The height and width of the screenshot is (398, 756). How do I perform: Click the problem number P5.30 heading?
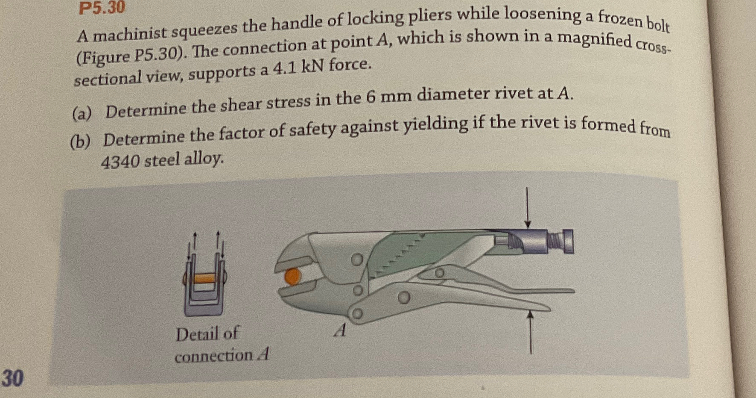click(102, 7)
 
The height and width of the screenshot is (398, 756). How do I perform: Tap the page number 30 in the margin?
click(12, 378)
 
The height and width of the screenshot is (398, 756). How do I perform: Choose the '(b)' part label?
click(80, 142)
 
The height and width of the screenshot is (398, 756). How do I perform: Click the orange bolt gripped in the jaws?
click(292, 277)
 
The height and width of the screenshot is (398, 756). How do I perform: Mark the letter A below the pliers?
click(340, 330)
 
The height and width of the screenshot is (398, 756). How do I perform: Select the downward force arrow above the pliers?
click(528, 208)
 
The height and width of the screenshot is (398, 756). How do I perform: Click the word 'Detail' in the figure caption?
click(196, 334)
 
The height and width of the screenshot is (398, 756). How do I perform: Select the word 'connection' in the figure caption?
click(213, 356)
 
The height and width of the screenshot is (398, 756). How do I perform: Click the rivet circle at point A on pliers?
click(357, 314)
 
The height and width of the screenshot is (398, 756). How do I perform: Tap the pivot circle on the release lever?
click(439, 272)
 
